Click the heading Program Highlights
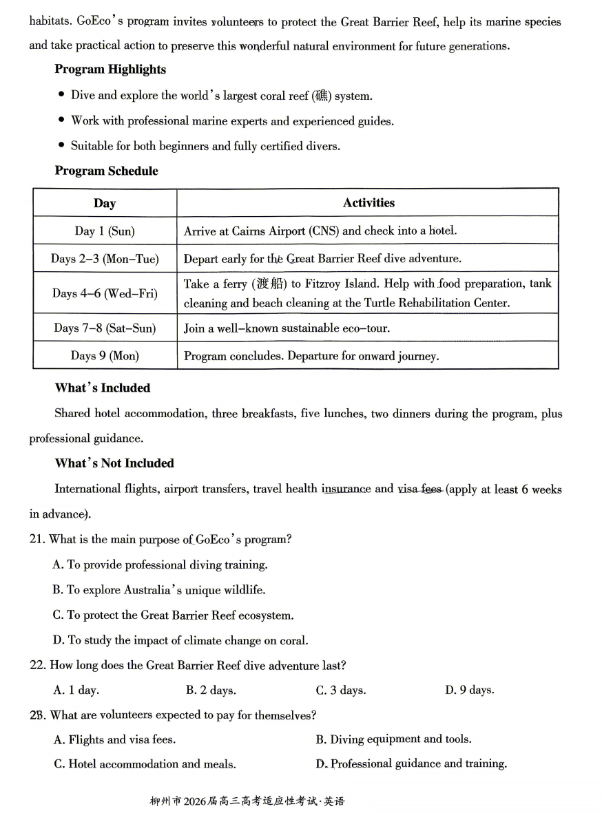pos(110,70)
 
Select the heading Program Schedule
pos(106,171)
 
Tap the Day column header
pos(105,203)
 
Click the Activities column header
pos(369,202)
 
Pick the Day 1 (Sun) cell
pos(105,231)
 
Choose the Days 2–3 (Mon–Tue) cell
pos(105,259)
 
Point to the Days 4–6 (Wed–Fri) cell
pos(105,293)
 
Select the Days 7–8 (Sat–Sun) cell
pos(105,328)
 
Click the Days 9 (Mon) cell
pos(105,356)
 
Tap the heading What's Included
pos(102,388)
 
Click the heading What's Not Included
pos(114,463)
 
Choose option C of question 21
pos(173,615)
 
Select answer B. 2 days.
pos(211,690)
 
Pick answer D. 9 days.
pos(470,690)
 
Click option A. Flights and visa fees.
pos(114,740)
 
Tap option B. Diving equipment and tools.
pos(393,739)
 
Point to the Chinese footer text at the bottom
pos(247,801)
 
